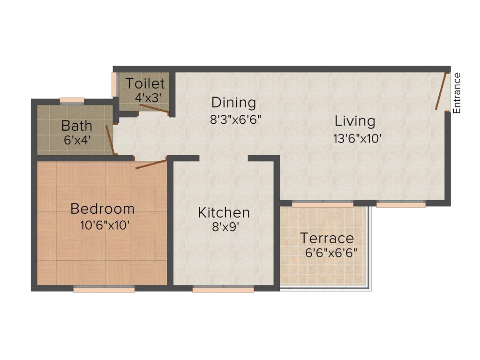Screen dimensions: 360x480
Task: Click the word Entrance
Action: click(457, 93)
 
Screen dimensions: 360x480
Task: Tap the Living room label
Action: click(355, 121)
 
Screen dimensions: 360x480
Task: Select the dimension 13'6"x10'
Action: click(355, 139)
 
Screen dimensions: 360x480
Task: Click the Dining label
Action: click(233, 102)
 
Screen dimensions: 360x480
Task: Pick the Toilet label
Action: click(145, 84)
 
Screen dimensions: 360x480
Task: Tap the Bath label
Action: click(77, 126)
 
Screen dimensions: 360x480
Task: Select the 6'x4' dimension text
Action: click(77, 140)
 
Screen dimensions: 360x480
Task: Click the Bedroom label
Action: click(102, 209)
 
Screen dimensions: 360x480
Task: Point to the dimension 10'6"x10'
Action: click(105, 225)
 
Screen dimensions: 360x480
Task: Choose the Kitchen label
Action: click(224, 212)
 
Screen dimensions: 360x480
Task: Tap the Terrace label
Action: click(327, 238)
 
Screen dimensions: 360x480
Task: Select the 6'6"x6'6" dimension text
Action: click(331, 253)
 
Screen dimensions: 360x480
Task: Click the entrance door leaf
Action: click(441, 91)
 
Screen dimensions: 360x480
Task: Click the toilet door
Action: click(155, 109)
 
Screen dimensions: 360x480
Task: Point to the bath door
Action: click(110, 139)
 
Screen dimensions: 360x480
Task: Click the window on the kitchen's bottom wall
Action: click(223, 290)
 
